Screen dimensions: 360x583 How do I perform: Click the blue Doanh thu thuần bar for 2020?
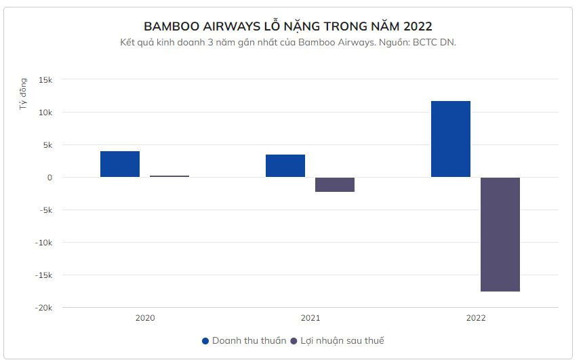pyautogui.click(x=120, y=164)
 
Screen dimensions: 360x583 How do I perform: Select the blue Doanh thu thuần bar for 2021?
pyautogui.click(x=285, y=166)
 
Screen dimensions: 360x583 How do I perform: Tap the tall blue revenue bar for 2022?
pyautogui.click(x=451, y=139)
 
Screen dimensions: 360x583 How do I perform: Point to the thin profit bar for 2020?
pyautogui.click(x=169, y=176)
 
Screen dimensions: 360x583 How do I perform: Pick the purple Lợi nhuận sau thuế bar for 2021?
pyautogui.click(x=335, y=184)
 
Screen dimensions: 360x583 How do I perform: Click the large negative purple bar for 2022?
pyautogui.click(x=500, y=234)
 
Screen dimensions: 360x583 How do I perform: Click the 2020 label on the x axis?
pyautogui.click(x=145, y=318)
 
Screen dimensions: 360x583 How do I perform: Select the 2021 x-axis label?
pyautogui.click(x=310, y=318)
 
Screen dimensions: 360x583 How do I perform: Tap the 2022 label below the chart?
pyautogui.click(x=476, y=318)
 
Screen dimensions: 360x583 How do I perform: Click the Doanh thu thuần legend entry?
pyautogui.click(x=244, y=340)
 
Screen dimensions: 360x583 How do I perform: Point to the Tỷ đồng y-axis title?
pyautogui.click(x=24, y=95)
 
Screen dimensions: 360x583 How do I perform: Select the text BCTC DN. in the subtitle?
pyautogui.click(x=439, y=42)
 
